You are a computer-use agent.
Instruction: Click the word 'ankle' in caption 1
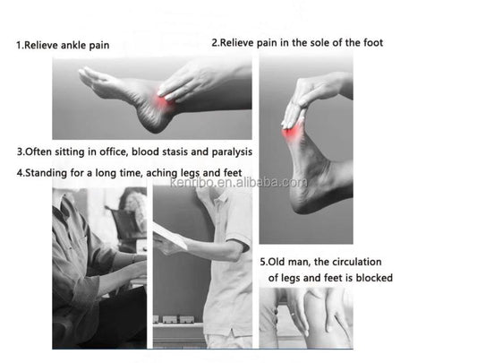[x=74, y=46]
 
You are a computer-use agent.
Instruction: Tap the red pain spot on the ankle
[x=165, y=99]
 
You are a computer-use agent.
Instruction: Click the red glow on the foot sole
[x=292, y=133]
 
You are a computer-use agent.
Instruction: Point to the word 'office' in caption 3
[x=113, y=151]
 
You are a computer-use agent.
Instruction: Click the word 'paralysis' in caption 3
[x=232, y=151]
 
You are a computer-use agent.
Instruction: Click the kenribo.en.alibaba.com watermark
[x=238, y=182]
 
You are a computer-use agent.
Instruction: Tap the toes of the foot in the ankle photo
[x=89, y=74]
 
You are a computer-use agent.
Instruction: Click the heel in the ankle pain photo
[x=152, y=124]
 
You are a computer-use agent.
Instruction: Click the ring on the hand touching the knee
[x=293, y=314]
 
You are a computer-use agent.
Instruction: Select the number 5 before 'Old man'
[x=262, y=262]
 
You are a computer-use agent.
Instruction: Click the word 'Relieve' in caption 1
[x=41, y=46]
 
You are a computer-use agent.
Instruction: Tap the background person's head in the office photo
[x=133, y=201]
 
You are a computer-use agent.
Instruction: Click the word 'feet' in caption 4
[x=233, y=173]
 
